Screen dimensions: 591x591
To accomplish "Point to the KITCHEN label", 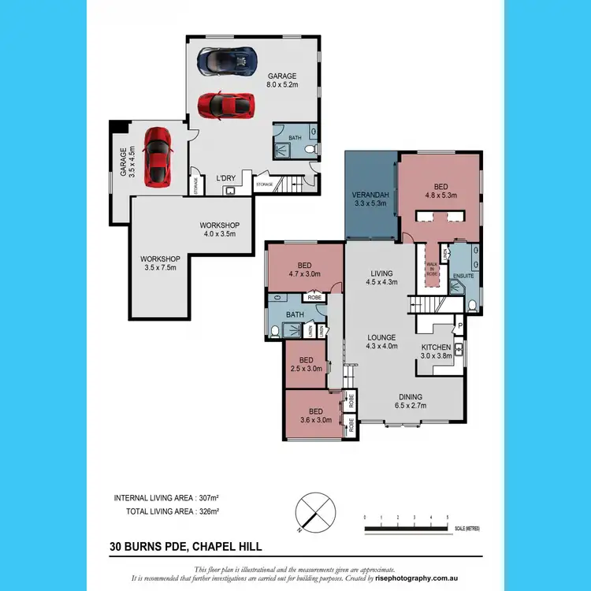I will point(436,348).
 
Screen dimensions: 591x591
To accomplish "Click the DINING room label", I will point(410,397).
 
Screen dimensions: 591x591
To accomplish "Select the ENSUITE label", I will point(464,277).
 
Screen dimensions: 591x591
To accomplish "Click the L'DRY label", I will point(227,179).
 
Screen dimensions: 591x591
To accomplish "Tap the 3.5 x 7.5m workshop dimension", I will point(160,268).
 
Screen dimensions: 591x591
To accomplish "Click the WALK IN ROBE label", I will point(431,269).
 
